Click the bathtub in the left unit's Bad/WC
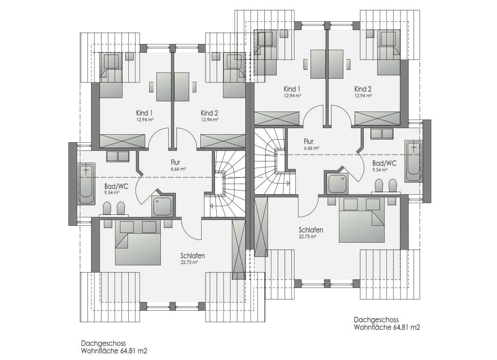click(87, 184)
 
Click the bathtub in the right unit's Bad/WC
click(414, 161)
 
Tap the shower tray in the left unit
click(162, 205)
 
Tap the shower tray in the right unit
click(338, 183)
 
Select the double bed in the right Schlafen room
click(362, 220)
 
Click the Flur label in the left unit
click(175, 162)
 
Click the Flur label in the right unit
click(308, 141)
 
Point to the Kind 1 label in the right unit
click(292, 89)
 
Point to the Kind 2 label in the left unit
click(210, 113)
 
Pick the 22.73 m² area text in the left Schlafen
click(189, 262)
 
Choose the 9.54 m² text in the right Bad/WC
click(380, 170)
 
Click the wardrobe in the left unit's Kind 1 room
click(122, 141)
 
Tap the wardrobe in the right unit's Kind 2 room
click(377, 118)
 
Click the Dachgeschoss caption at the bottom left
click(103, 343)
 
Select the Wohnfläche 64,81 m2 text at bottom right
click(387, 327)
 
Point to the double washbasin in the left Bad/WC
click(118, 157)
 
